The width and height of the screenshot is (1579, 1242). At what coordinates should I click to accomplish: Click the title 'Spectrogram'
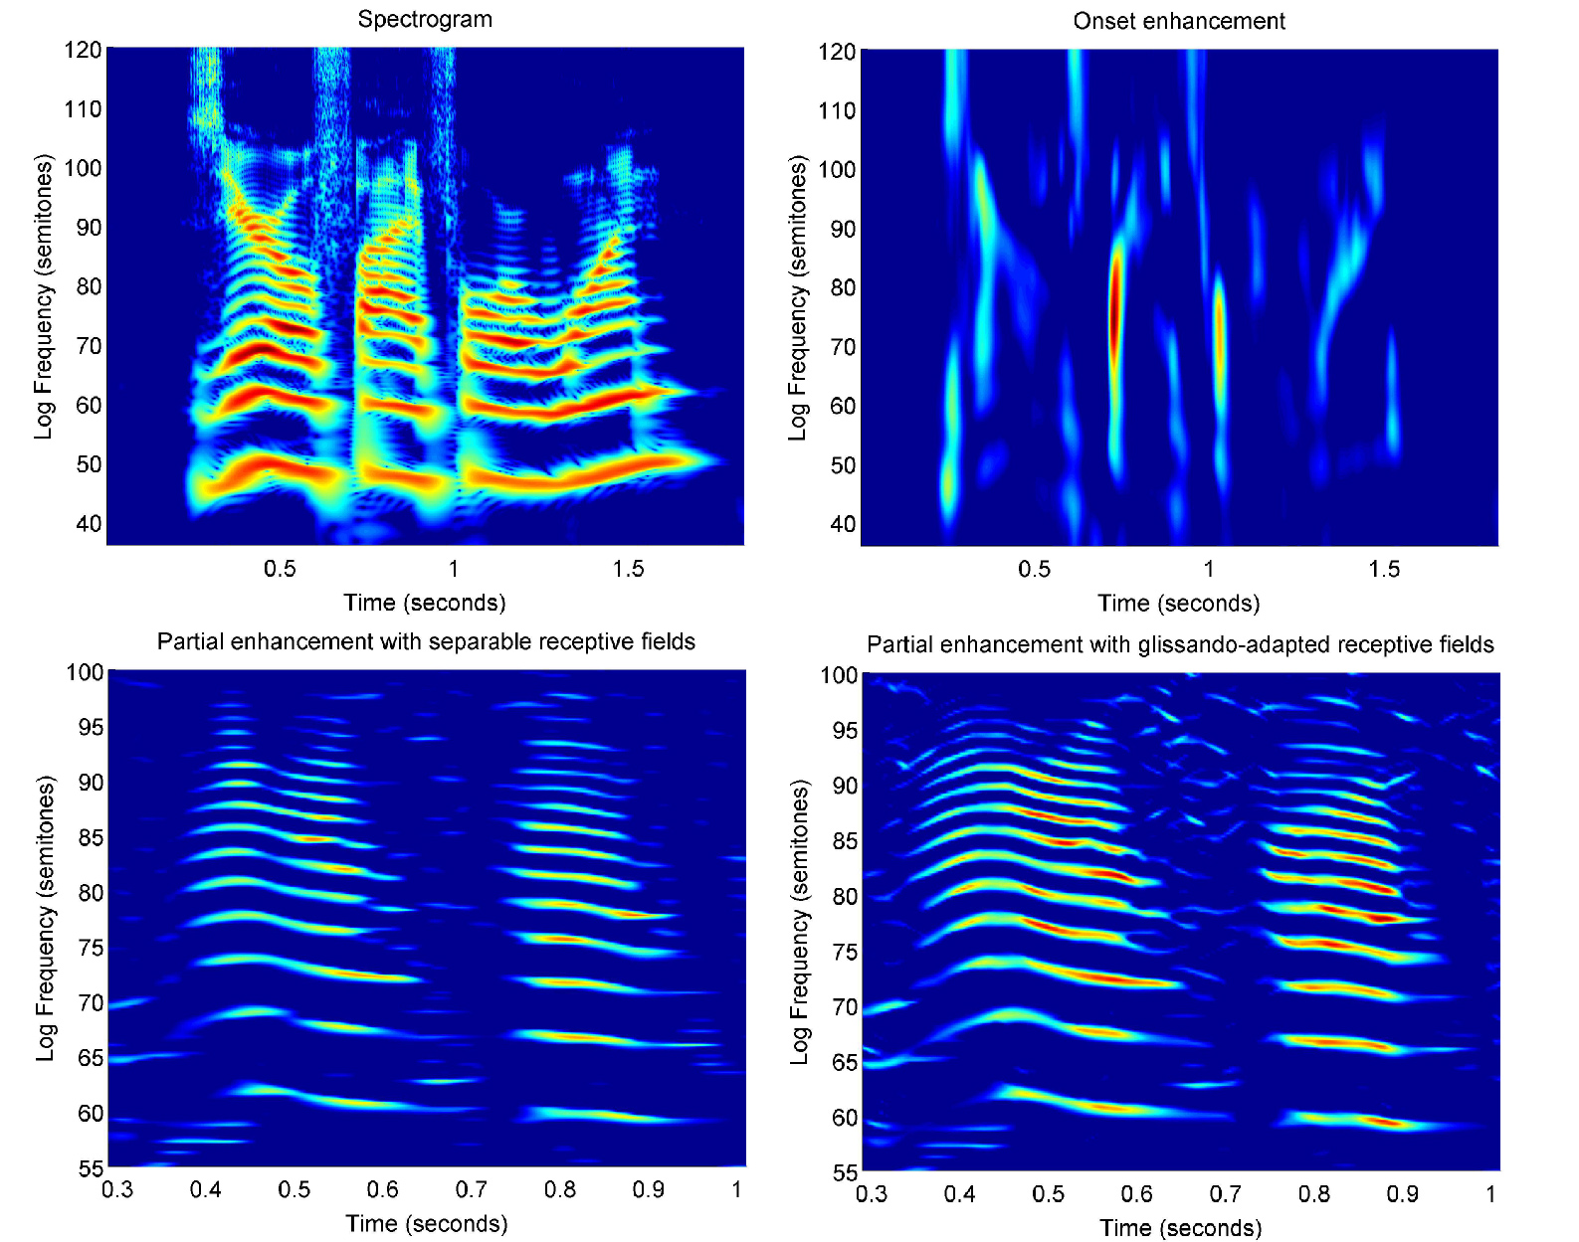pos(425,19)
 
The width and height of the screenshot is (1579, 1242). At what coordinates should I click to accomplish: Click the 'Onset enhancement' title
pos(1178,21)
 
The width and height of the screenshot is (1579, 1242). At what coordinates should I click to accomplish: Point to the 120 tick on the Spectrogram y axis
pos(84,50)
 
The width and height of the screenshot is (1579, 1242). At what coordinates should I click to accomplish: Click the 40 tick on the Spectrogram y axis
pos(89,524)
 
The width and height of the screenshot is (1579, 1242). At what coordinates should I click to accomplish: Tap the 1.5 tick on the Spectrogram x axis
pos(628,569)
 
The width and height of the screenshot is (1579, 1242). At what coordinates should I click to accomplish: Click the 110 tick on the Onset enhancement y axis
pos(837,110)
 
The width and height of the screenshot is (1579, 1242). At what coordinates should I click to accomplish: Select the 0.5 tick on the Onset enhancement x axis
pos(1034,569)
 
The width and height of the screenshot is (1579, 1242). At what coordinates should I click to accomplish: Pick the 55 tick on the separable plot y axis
pos(91,1168)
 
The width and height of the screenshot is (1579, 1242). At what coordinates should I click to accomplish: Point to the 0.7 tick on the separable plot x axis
pos(471,1189)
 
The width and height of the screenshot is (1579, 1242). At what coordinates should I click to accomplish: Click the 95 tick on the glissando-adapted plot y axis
pos(845,731)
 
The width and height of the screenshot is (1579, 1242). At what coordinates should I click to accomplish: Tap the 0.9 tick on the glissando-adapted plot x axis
pos(1402,1193)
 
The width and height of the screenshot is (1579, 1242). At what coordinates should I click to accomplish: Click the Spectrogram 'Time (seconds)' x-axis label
pos(425,603)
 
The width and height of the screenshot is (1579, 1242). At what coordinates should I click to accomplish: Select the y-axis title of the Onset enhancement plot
pos(797,297)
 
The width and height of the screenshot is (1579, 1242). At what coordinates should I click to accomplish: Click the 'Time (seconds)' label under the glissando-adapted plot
pos(1180,1228)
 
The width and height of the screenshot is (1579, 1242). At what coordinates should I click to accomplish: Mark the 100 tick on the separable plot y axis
pos(86,672)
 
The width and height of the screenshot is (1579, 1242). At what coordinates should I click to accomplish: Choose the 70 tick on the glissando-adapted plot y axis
pos(845,1007)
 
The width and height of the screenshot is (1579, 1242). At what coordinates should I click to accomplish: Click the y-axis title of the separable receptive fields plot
pos(45,918)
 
